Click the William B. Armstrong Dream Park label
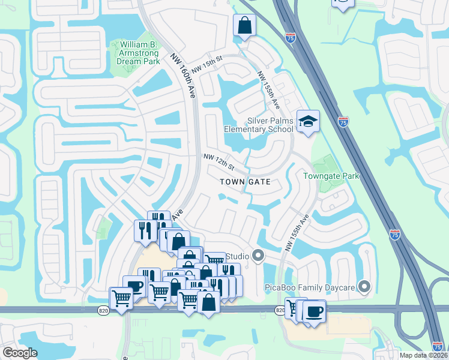pyautogui.click(x=139, y=53)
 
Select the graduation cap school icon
pyautogui.click(x=308, y=122)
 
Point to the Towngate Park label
pyautogui.click(x=331, y=176)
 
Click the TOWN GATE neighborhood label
pyautogui.click(x=245, y=181)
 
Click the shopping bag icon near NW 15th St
pyautogui.click(x=244, y=26)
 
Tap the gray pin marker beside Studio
pyautogui.click(x=259, y=256)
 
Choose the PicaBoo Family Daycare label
pyautogui.click(x=310, y=287)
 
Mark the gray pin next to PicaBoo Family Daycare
pyautogui.click(x=363, y=286)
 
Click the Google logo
pyautogui.click(x=20, y=353)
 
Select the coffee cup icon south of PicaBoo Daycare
pyautogui.click(x=314, y=312)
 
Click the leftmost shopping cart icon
pyautogui.click(x=121, y=298)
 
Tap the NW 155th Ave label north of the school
pyautogui.click(x=268, y=91)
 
